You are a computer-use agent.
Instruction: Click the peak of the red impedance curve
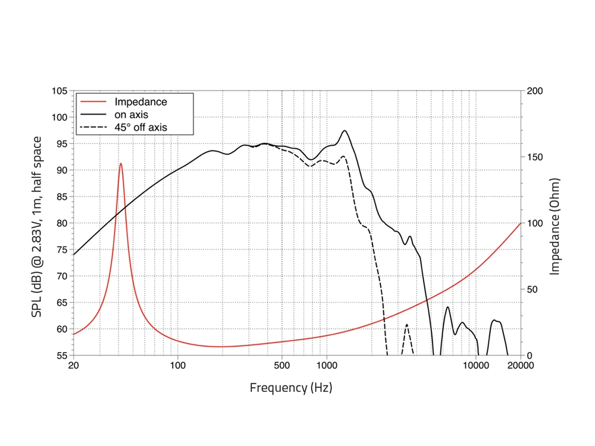(x=121, y=163)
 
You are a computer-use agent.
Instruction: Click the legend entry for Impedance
(x=140, y=102)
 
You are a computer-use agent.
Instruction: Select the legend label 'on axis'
(x=131, y=114)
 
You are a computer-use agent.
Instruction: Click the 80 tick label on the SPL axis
(x=61, y=223)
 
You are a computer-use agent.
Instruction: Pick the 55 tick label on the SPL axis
(x=61, y=356)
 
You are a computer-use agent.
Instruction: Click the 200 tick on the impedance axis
(x=535, y=91)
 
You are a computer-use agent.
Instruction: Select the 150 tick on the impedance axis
(x=535, y=157)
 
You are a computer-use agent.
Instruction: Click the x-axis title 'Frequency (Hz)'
(x=291, y=388)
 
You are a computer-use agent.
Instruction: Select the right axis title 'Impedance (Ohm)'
(x=555, y=226)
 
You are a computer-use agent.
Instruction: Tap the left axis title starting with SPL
(x=37, y=226)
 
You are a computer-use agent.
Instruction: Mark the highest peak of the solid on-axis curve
(x=345, y=131)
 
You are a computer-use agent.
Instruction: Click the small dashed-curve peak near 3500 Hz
(x=407, y=325)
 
